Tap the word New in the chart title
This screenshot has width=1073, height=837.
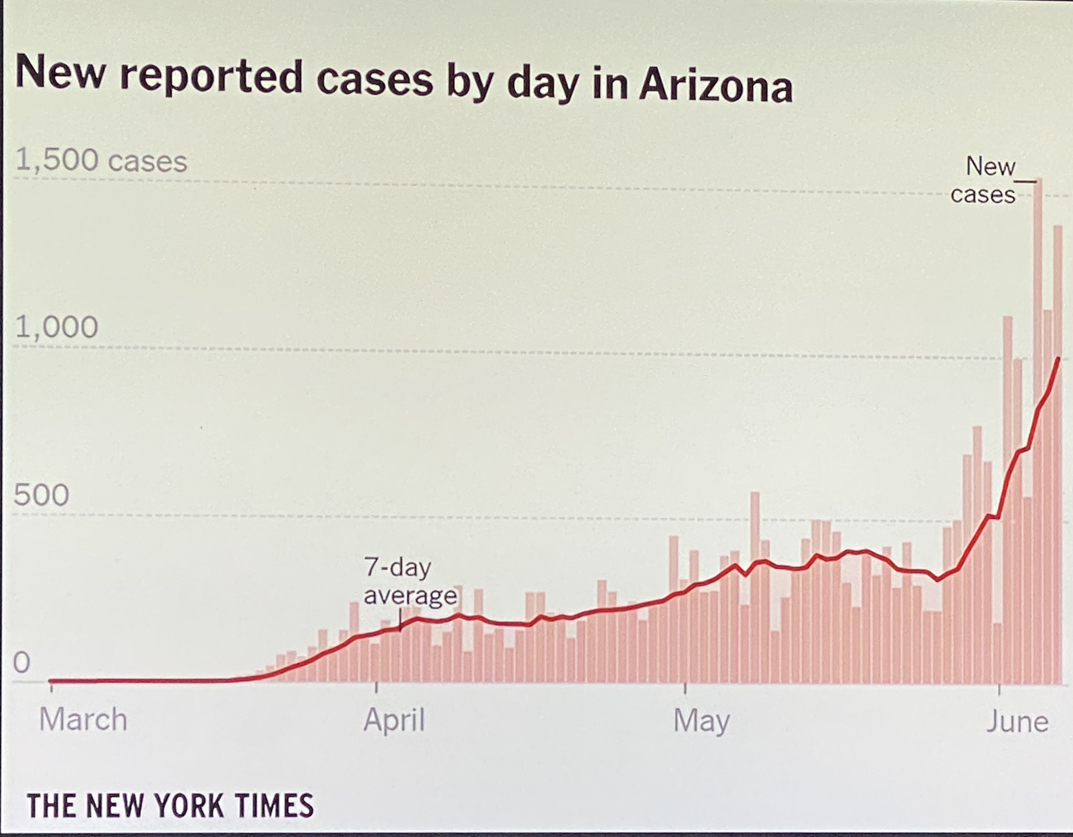coord(60,73)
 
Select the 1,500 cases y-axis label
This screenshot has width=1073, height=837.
coord(101,161)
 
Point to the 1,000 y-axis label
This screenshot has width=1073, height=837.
coord(56,327)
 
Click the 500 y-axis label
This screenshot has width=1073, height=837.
coord(41,495)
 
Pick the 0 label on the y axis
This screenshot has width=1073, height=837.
coord(22,662)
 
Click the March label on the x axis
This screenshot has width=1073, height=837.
coord(83,720)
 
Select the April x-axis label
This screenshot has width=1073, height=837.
coord(394,721)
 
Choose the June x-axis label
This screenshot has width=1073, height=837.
coord(1017,722)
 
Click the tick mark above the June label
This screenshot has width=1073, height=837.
coord(999,688)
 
